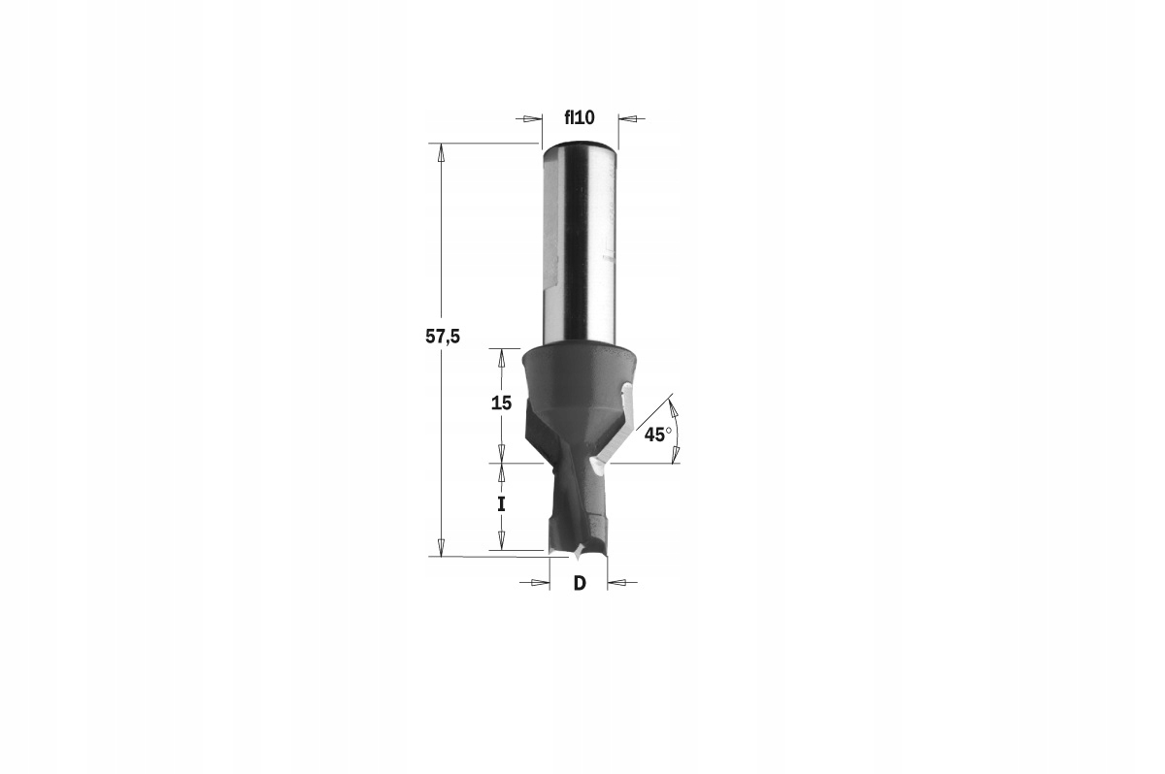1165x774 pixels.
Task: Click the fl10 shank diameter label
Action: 580,118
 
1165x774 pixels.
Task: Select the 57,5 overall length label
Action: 443,338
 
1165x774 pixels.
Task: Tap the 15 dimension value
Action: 501,403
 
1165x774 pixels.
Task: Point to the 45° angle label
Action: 658,435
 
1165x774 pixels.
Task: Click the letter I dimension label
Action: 501,504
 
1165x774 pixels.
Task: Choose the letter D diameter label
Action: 580,583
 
